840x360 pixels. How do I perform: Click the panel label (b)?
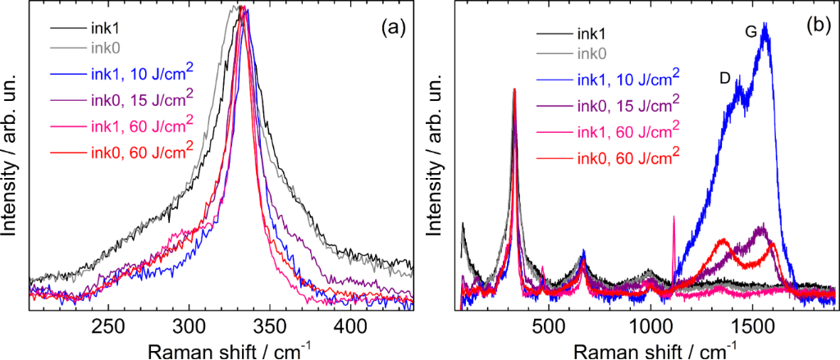[x=818, y=25]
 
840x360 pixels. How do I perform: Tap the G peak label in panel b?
[x=750, y=31]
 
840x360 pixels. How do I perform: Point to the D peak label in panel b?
[x=724, y=78]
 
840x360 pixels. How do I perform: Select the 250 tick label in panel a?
[x=109, y=325]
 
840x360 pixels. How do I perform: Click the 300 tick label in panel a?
[x=189, y=325]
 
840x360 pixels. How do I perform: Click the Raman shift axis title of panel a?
[x=221, y=349]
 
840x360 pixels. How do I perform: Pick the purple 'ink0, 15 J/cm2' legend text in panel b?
[x=628, y=105]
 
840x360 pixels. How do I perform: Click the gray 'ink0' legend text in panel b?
[x=592, y=54]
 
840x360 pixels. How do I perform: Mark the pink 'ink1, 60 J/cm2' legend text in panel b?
[x=628, y=130]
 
